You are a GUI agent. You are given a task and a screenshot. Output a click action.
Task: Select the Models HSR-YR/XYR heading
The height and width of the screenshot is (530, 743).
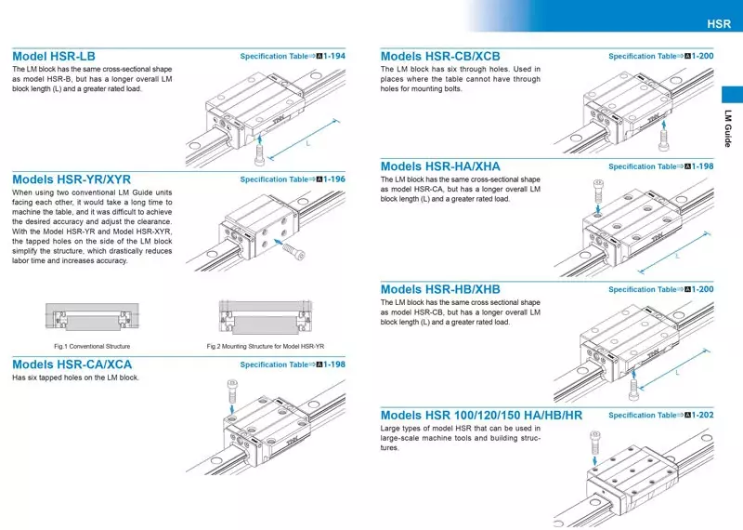[72, 179]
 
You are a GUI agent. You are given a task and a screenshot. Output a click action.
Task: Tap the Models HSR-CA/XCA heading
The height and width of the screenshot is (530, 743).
[72, 364]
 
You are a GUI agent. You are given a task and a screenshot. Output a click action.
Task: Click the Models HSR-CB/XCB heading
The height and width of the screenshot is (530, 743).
[440, 56]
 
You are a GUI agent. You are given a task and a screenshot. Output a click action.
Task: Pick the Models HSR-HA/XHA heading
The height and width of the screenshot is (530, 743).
[440, 166]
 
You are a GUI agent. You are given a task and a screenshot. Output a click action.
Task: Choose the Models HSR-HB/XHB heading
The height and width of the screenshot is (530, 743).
[440, 289]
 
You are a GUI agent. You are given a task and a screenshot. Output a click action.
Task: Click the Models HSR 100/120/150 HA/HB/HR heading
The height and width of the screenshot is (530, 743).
[481, 415]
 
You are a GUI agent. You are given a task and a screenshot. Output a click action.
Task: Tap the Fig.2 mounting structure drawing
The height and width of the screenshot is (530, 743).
[267, 317]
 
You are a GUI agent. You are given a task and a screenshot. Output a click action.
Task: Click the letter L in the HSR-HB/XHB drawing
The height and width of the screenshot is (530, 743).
[679, 372]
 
